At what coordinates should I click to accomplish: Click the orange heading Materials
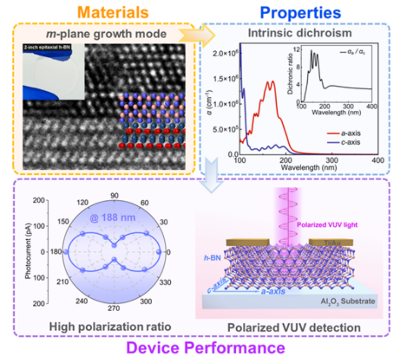110,11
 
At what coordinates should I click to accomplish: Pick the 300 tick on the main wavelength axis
332,160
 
